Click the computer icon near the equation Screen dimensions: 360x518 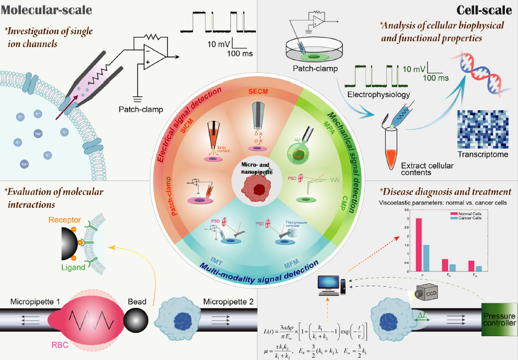[x=330, y=284]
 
